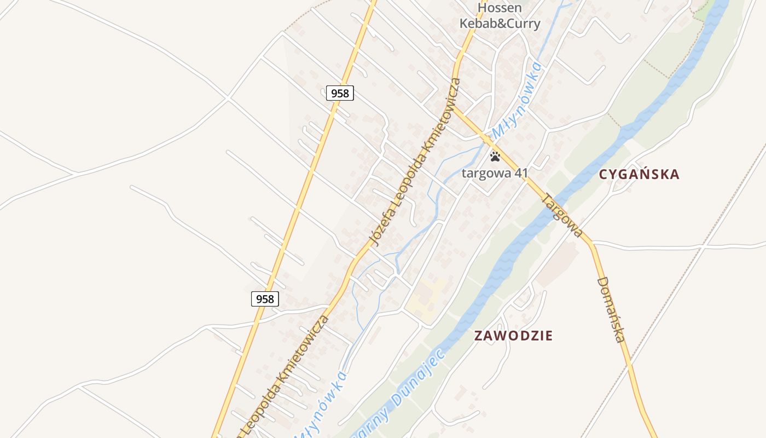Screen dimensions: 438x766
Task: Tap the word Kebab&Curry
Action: (x=500, y=24)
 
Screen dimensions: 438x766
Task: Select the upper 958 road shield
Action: (x=340, y=93)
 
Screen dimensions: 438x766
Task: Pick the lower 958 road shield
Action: (x=265, y=299)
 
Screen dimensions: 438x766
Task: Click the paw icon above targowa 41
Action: (x=495, y=157)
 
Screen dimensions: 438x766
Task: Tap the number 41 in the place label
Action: (x=521, y=174)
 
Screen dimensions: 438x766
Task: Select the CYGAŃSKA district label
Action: (x=639, y=175)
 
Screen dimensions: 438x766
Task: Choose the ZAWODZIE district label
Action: (x=513, y=336)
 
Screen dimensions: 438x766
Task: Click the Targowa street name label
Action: (x=561, y=215)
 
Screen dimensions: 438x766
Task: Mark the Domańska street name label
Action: (x=611, y=309)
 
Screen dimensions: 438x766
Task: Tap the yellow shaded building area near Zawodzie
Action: (x=427, y=296)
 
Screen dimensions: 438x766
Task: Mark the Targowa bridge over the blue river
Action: (x=555, y=204)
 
